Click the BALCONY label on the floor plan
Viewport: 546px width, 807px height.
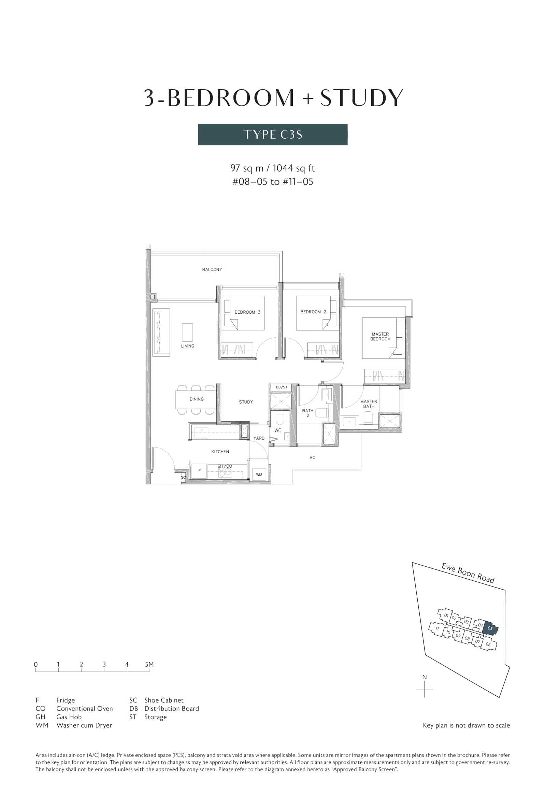(x=212, y=269)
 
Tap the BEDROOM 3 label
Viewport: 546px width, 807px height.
(x=247, y=312)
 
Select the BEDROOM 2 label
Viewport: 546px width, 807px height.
(x=313, y=312)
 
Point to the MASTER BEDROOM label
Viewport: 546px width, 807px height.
(x=380, y=337)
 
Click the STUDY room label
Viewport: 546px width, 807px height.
(x=246, y=402)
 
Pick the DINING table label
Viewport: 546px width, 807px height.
(x=197, y=399)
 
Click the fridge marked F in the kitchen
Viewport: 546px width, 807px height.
(x=199, y=471)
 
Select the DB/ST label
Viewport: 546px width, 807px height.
(x=282, y=387)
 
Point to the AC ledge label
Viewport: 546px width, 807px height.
(x=312, y=458)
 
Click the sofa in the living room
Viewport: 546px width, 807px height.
(x=161, y=332)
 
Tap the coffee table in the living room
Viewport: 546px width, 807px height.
(x=187, y=332)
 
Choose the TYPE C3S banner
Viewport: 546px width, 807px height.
(x=273, y=134)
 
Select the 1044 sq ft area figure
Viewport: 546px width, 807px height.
(x=294, y=168)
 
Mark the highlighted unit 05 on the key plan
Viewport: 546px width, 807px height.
(x=490, y=628)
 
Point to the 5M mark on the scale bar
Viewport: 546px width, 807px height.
(x=149, y=664)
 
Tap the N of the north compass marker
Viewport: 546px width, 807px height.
(x=424, y=677)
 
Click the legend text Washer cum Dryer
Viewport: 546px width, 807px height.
(x=84, y=725)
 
